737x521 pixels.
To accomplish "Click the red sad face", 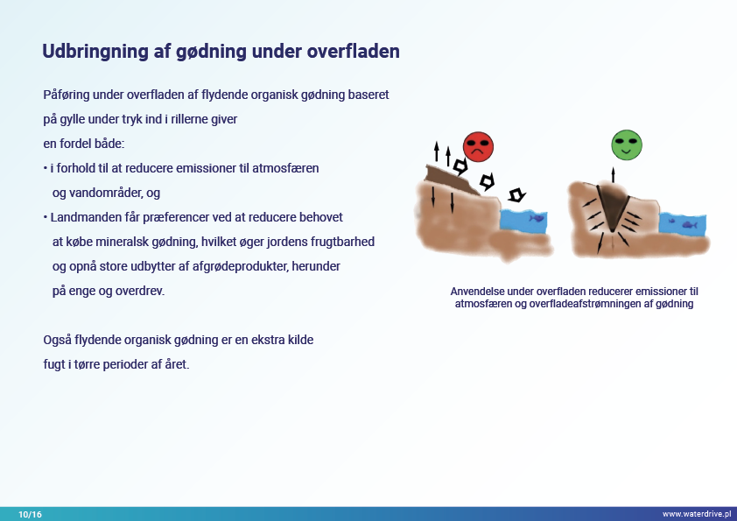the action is tap(478, 147).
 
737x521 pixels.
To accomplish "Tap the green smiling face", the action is tap(627, 144).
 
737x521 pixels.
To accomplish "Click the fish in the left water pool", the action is tap(537, 218).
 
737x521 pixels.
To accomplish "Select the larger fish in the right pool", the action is tap(690, 225).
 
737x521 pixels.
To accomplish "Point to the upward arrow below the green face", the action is tap(613, 175).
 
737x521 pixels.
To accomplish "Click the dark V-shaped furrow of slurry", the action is tap(613, 206).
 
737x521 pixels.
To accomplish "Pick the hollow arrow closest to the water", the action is tap(516, 194).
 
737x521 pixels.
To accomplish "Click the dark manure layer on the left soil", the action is tap(449, 179).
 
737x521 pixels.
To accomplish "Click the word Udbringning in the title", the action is tap(95, 52).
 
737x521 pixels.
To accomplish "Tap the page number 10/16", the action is tap(30, 514).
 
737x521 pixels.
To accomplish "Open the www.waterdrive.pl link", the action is tap(697, 514).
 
